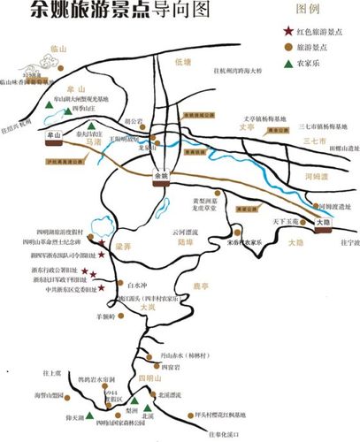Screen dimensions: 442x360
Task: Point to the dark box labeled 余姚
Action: coord(160,174)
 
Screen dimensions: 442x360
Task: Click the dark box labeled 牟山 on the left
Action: coord(54,135)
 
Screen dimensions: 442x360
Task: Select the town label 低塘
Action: coord(183,62)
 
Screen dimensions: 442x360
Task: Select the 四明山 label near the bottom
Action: coord(152,377)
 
